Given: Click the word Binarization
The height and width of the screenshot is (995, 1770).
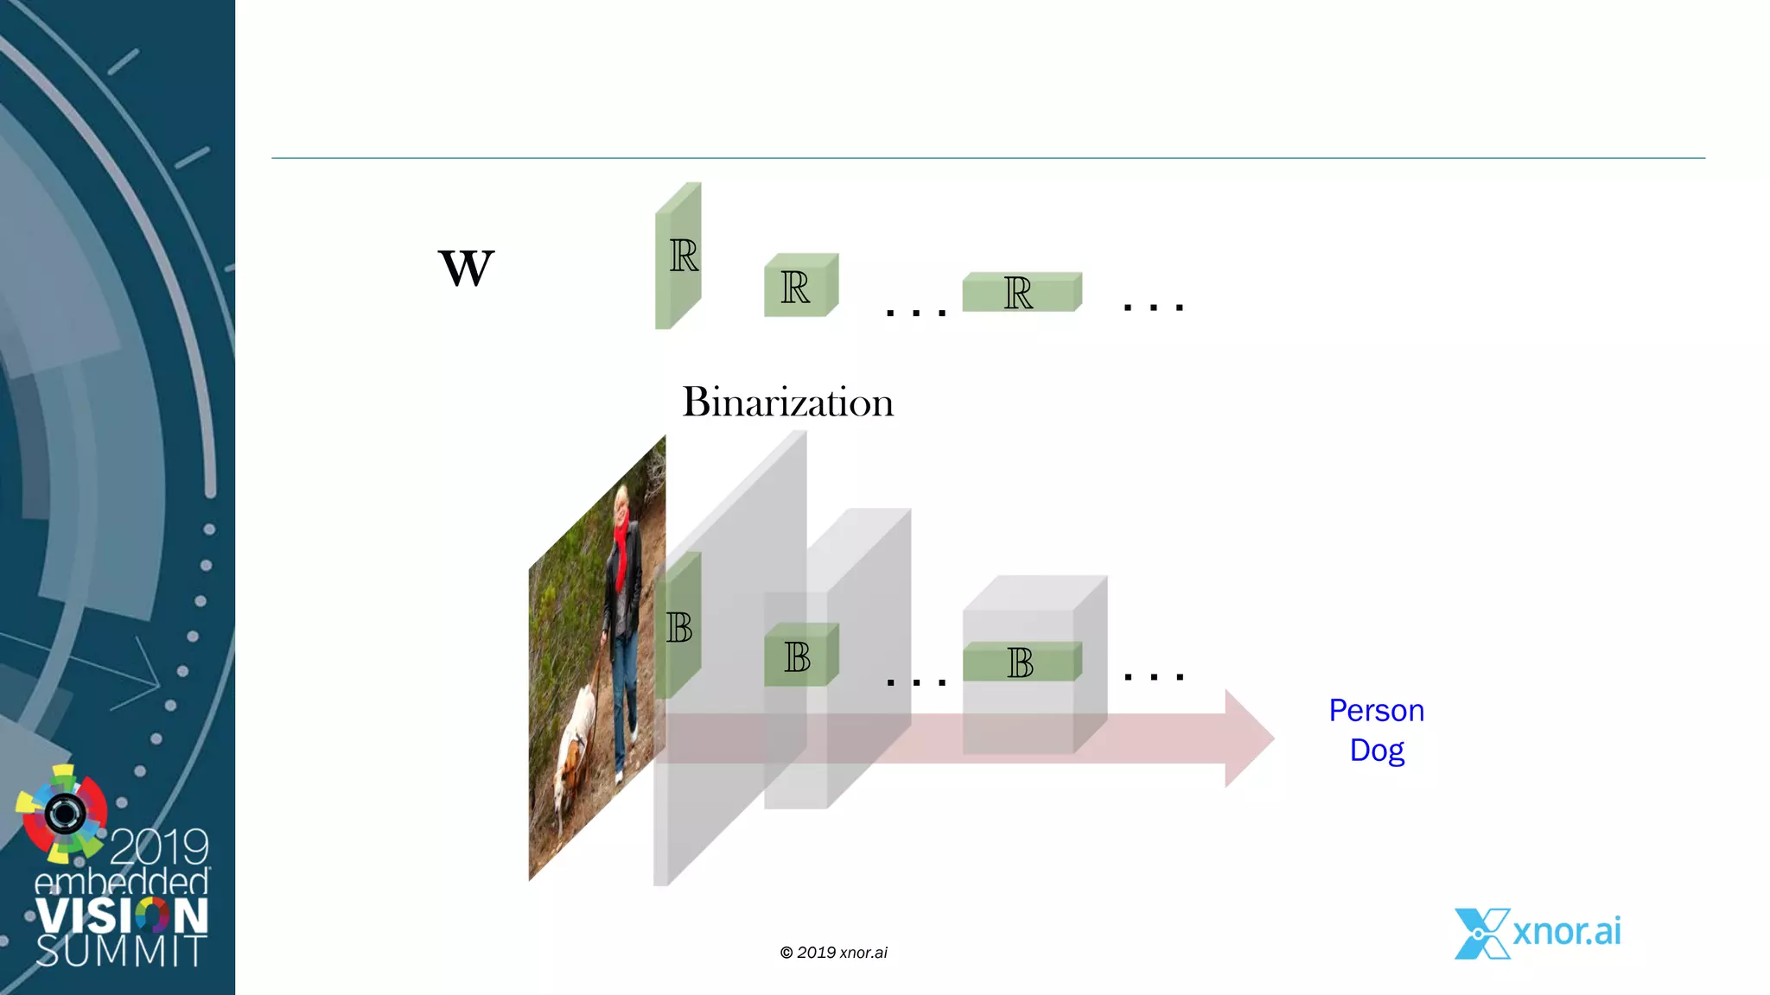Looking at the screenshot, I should tap(787, 402).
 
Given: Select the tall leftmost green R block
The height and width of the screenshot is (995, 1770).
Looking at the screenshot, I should tap(678, 256).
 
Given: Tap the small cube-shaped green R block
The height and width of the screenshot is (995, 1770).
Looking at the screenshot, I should tap(799, 287).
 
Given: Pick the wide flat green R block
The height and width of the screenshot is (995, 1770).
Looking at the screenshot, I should tap(1021, 293).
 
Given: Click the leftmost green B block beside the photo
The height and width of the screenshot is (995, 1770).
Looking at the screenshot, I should tap(678, 626).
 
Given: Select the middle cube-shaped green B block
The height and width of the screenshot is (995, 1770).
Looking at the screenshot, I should tap(799, 656).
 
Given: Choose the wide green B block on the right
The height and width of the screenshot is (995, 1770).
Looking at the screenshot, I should tap(1021, 662).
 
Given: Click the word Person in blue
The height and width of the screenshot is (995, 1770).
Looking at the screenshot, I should tap(1376, 711).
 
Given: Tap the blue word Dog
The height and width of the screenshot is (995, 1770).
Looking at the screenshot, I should tap(1377, 750).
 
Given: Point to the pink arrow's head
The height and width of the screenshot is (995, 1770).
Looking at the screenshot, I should tap(1249, 738).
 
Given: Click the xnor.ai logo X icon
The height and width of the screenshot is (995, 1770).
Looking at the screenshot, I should tap(1481, 934).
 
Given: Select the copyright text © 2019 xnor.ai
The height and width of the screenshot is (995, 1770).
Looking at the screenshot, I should tap(833, 953).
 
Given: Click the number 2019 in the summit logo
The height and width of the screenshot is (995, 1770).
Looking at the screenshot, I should tap(160, 846).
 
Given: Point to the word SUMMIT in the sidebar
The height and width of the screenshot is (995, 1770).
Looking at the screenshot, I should tap(121, 951).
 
